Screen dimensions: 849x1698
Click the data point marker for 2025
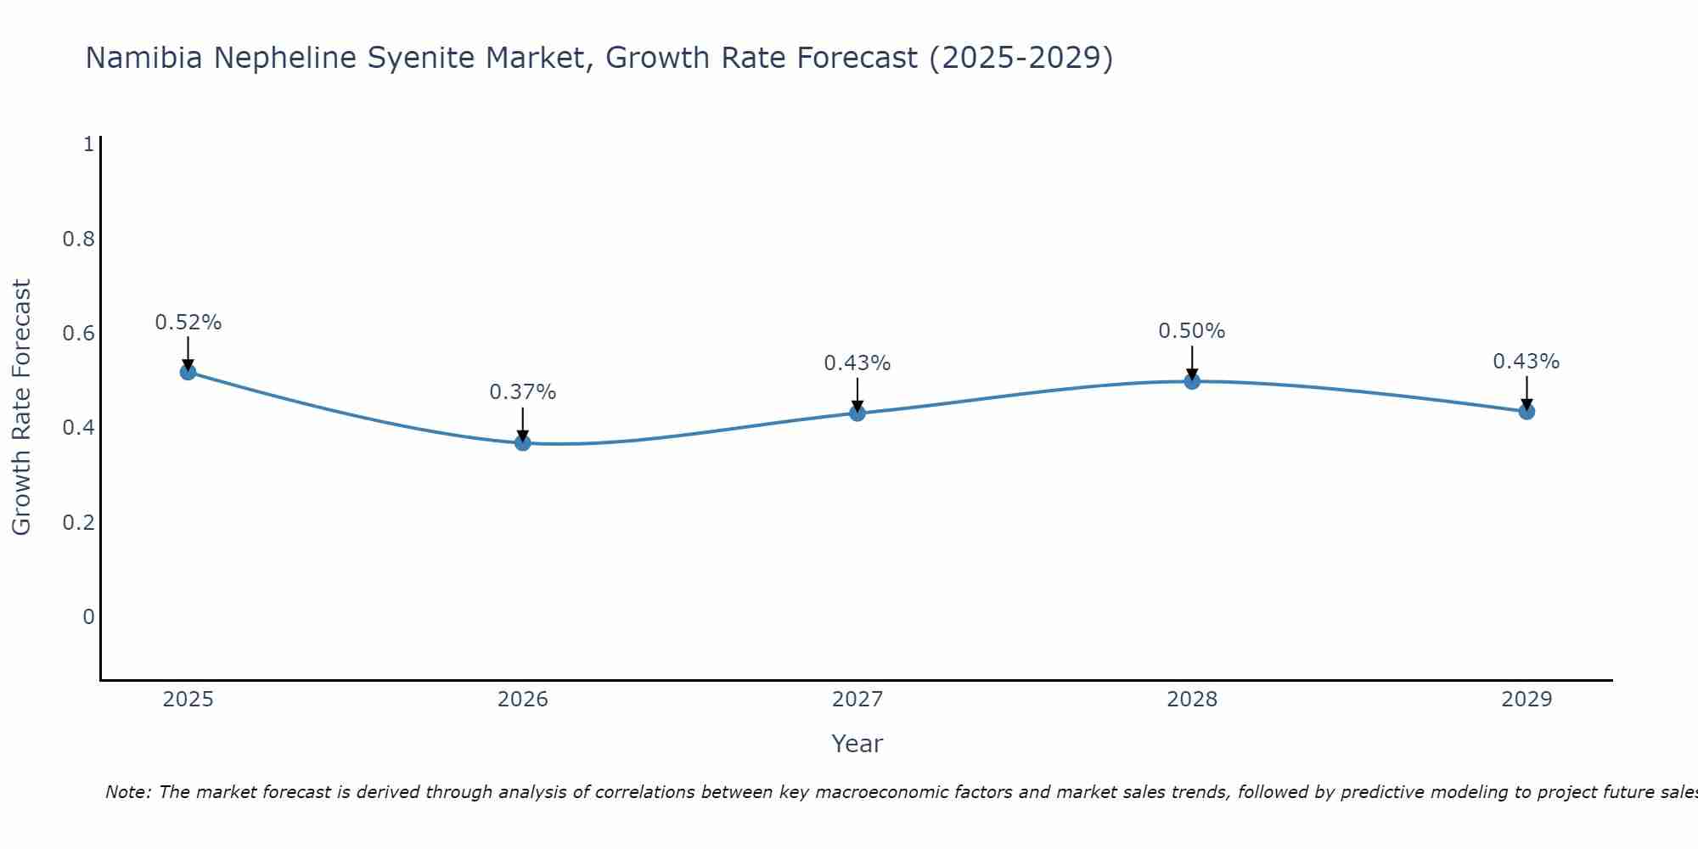[188, 372]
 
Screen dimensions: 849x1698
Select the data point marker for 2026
[523, 442]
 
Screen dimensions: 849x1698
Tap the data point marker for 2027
[857, 413]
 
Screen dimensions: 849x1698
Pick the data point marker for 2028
[1192, 381]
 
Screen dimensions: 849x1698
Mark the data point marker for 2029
[1527, 412]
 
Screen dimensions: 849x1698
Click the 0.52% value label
[188, 323]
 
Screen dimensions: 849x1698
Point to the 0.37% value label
[523, 392]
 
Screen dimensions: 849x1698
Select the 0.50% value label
[1192, 331]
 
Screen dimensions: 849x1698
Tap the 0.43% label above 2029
[1527, 362]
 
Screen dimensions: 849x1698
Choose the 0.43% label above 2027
[857, 363]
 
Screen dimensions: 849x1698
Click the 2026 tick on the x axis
[523, 700]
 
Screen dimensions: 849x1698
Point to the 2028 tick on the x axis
[1192, 700]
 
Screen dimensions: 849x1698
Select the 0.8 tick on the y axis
[79, 239]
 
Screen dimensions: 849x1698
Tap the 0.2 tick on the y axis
[79, 522]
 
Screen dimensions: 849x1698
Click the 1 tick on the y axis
[88, 144]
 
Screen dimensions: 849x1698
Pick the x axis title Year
[857, 744]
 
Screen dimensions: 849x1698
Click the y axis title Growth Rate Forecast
[21, 408]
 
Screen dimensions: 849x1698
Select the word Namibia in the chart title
[144, 59]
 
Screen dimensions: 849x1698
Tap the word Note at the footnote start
[127, 792]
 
